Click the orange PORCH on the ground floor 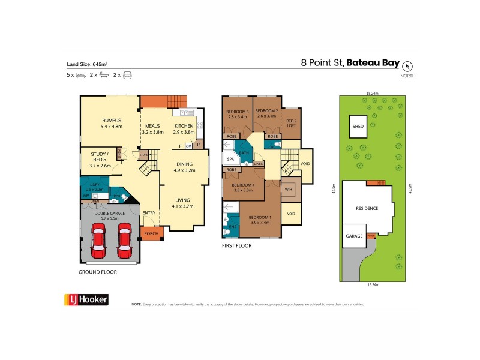pyautogui.click(x=150, y=233)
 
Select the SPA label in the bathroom pyautogui.click(x=230, y=160)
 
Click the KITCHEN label pyautogui.click(x=184, y=126)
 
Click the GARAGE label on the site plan pyautogui.click(x=354, y=236)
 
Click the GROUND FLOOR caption pyautogui.click(x=98, y=272)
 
